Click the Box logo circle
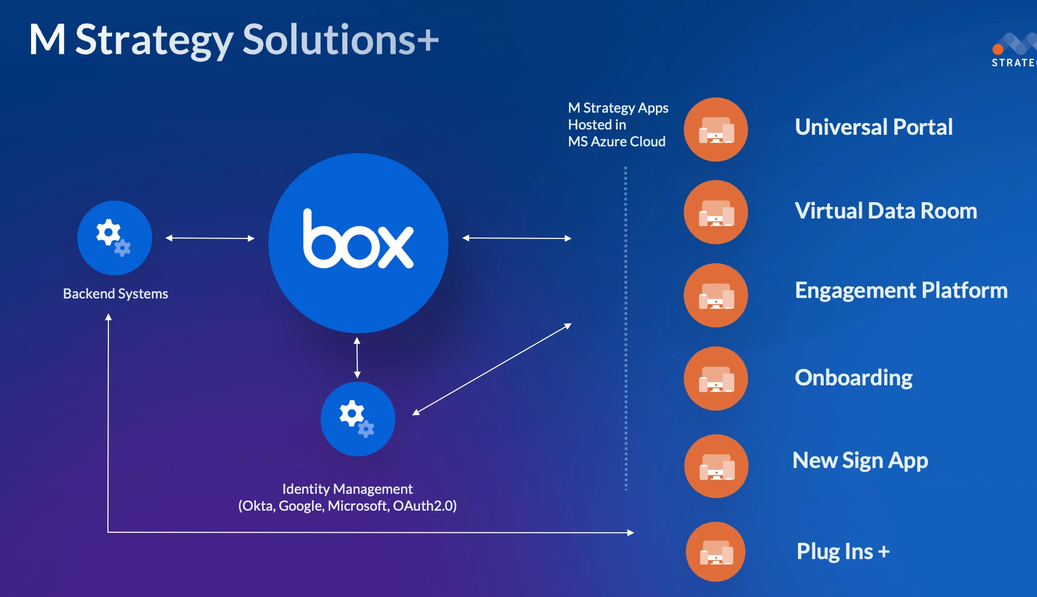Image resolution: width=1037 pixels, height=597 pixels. [358, 243]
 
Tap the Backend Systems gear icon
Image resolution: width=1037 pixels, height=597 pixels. [114, 237]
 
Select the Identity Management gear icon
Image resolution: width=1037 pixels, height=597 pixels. [357, 419]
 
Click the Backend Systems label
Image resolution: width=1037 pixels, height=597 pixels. [115, 294]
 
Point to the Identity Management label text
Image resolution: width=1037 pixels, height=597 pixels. [347, 489]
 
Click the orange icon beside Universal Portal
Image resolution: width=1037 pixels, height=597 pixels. [715, 130]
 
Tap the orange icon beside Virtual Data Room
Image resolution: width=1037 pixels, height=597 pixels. [715, 212]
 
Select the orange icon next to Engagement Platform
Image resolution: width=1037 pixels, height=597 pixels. [715, 295]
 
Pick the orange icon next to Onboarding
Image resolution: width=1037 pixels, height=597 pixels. [715, 379]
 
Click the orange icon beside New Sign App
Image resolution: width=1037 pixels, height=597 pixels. [716, 466]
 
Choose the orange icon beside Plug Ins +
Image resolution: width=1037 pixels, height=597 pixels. [715, 552]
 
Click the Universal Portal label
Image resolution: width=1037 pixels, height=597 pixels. [873, 127]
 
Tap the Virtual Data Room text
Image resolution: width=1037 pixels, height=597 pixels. [885, 211]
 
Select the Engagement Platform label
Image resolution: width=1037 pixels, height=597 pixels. [901, 290]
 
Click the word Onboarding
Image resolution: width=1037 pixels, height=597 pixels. [853, 377]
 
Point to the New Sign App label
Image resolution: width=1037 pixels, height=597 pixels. [860, 461]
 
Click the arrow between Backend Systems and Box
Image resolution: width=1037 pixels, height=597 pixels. [210, 238]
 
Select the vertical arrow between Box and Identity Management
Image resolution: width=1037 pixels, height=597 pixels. [357, 357]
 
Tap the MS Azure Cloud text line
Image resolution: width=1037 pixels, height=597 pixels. [616, 142]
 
